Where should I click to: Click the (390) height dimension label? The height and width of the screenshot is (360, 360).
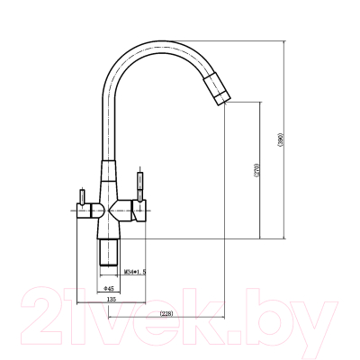click(x=281, y=140)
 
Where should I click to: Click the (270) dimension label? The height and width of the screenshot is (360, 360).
click(x=256, y=171)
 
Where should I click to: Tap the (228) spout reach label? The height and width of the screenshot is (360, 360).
click(x=166, y=314)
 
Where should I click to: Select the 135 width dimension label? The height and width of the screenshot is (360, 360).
click(x=112, y=299)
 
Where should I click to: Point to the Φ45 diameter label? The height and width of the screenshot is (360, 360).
click(x=108, y=289)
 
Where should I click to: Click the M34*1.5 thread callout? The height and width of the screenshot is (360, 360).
click(x=135, y=272)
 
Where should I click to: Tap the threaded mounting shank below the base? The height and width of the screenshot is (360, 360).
click(x=109, y=252)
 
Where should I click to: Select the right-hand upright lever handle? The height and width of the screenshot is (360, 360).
click(x=139, y=185)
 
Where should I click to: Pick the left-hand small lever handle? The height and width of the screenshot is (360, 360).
click(x=82, y=196)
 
